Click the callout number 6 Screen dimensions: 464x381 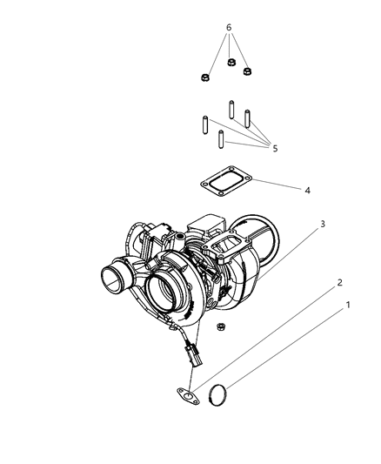tap(229, 28)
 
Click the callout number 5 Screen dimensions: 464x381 tap(275, 149)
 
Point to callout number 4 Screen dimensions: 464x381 tap(283, 189)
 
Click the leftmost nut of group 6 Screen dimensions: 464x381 tap(204, 77)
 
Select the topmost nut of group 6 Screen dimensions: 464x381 tap(231, 63)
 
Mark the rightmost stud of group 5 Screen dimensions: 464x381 tap(248, 118)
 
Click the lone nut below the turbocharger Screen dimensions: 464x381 tap(221, 327)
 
